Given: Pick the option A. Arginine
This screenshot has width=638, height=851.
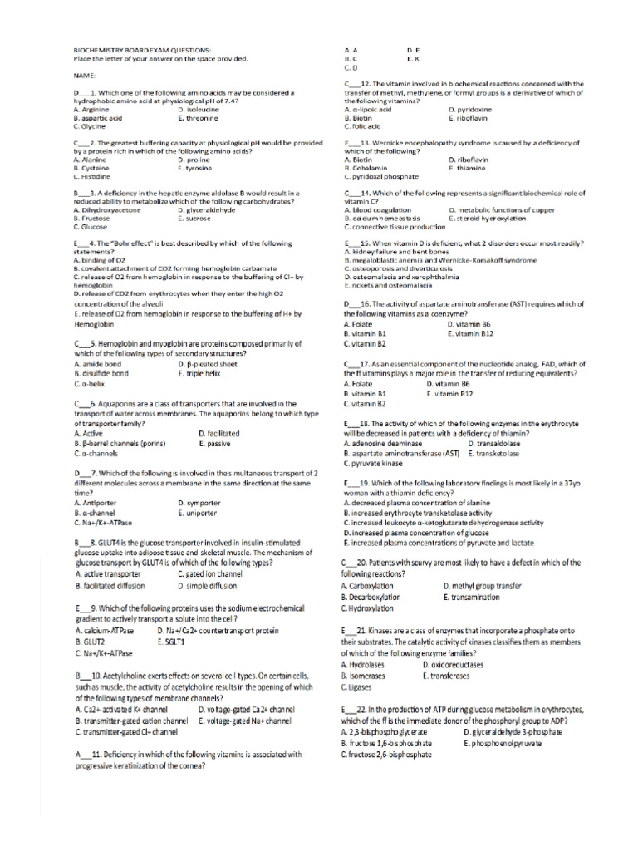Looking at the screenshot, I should coord(92,109).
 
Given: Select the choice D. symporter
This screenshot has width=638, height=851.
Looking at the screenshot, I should coord(199,503).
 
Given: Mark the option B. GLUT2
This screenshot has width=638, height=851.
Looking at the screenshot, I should coord(90,642).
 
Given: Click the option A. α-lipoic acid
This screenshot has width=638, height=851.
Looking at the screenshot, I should coord(368,109).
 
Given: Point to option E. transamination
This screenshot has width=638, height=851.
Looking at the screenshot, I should coord(472,597).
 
